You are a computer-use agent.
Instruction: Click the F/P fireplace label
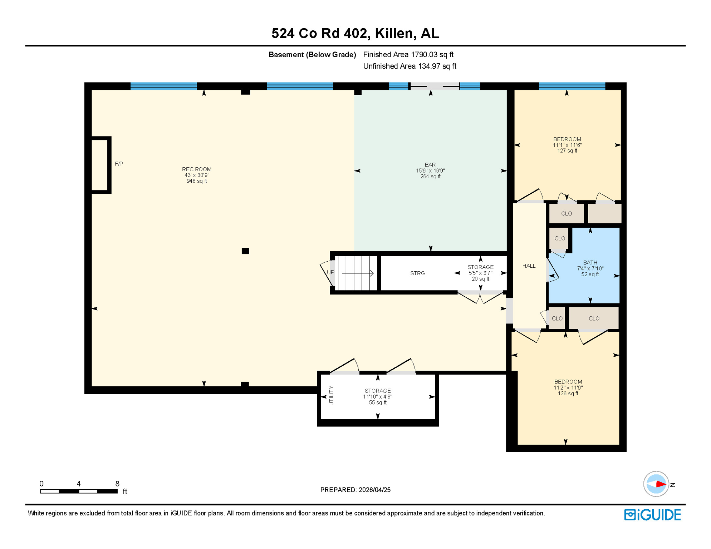pyautogui.click(x=119, y=164)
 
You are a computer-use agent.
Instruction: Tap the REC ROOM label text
pyautogui.click(x=196, y=169)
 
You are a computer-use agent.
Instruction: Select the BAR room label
pyautogui.click(x=430, y=165)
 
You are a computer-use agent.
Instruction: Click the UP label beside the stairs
pyautogui.click(x=330, y=272)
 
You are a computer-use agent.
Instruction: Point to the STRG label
pyautogui.click(x=417, y=273)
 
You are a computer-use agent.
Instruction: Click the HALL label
pyautogui.click(x=529, y=266)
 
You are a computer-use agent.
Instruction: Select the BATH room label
pyautogui.click(x=590, y=263)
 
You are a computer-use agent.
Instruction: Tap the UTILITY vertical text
pyautogui.click(x=331, y=396)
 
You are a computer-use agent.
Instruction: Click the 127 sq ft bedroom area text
pyautogui.click(x=567, y=151)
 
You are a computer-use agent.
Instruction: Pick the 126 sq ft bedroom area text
pyautogui.click(x=568, y=394)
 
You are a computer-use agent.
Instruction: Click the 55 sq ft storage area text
pyautogui.click(x=378, y=402)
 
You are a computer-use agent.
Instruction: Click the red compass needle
pyautogui.click(x=660, y=484)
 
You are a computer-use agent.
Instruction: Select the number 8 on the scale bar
pyautogui.click(x=117, y=484)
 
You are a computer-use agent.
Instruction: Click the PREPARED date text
pyautogui.click(x=355, y=490)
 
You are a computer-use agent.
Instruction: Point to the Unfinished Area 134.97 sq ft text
pyautogui.click(x=410, y=66)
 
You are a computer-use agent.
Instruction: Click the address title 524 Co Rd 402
pyautogui.click(x=355, y=33)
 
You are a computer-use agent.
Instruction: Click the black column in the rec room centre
pyautogui.click(x=245, y=251)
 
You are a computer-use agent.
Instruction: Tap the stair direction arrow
pyautogui.click(x=358, y=273)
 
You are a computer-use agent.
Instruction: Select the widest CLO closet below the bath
pyautogui.click(x=594, y=318)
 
